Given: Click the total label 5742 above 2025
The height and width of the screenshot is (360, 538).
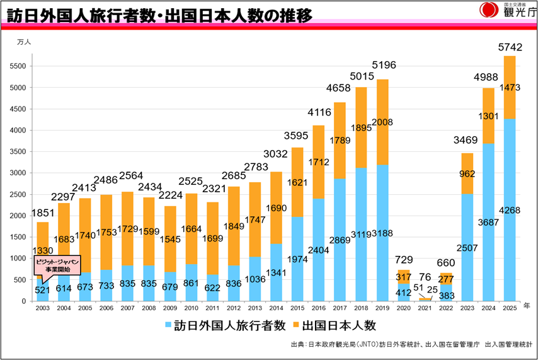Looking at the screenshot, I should point(510,47).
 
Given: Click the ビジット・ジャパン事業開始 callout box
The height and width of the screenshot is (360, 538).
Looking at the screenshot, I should point(57,265).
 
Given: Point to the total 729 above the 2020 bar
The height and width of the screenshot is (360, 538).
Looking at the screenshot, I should point(403,260).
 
